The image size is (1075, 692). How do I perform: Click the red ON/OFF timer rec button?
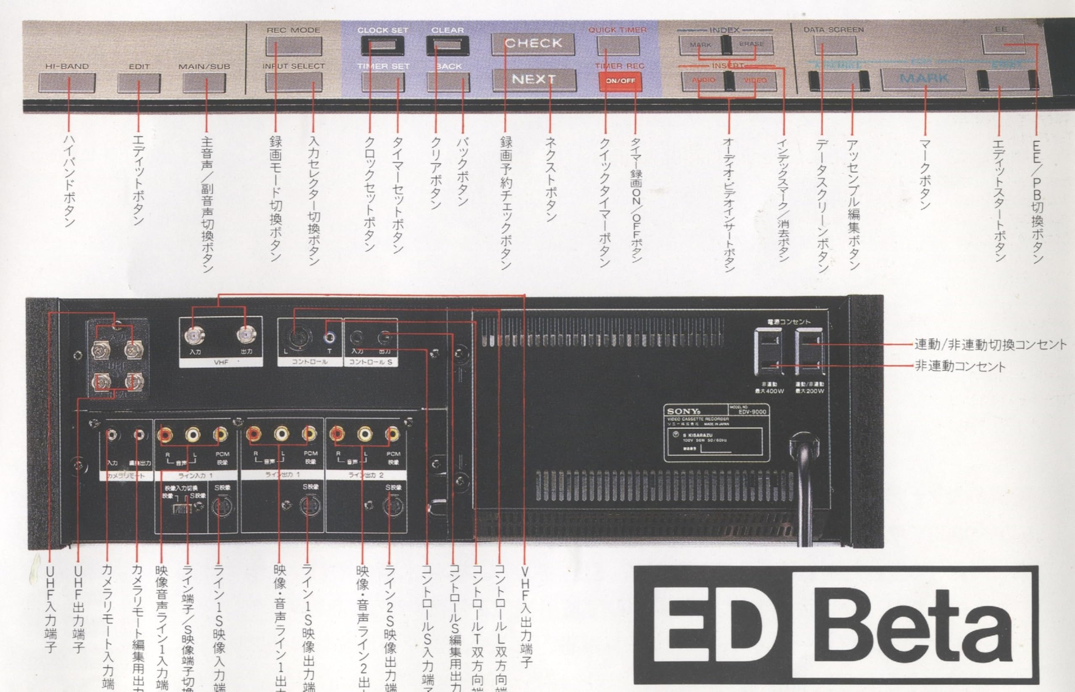click(620, 81)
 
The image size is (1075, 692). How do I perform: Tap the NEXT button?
click(534, 79)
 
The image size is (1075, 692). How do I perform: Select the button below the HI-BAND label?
click(67, 82)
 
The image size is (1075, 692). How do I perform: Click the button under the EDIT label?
click(139, 82)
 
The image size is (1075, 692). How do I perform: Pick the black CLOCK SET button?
click(383, 45)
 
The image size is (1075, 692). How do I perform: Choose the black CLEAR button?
click(448, 45)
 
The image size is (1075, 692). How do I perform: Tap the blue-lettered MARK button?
click(924, 79)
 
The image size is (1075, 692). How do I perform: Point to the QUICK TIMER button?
click(618, 45)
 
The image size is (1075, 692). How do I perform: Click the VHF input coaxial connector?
click(194, 335)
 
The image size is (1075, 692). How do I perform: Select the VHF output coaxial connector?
click(246, 335)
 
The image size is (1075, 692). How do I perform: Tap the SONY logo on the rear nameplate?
click(683, 411)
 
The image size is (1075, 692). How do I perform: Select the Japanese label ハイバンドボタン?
click(69, 180)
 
